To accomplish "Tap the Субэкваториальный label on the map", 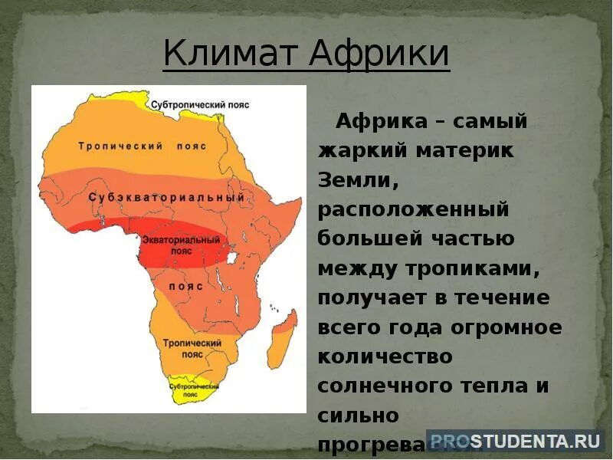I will [166, 198].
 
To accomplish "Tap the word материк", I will [465, 150].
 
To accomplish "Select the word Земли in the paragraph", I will [357, 179].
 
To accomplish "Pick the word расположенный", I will [413, 209].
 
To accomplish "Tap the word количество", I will [385, 356].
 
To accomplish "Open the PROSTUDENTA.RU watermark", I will [514, 440].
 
